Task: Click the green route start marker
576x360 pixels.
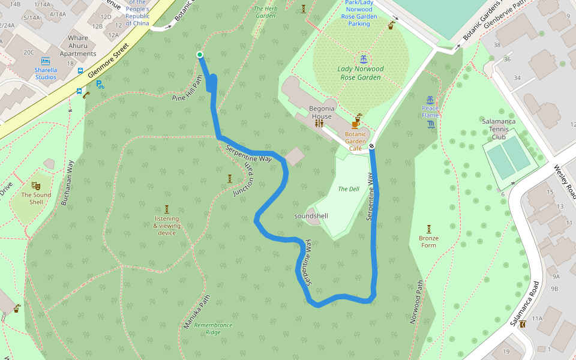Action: tap(200, 55)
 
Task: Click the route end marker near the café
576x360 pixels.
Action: tap(372, 145)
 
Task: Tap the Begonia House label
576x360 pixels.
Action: tap(321, 112)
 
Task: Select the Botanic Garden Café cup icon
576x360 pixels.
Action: tap(356, 123)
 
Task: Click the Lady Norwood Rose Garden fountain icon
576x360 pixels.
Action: tap(363, 59)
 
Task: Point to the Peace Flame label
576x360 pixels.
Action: tap(430, 112)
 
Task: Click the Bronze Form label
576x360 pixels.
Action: tap(428, 242)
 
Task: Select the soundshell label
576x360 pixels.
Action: tap(311, 215)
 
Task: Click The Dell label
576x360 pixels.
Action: tap(349, 189)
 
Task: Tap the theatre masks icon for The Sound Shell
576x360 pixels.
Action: tap(35, 186)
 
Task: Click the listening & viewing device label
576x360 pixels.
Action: tap(167, 226)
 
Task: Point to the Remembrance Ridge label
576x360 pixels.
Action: tap(212, 328)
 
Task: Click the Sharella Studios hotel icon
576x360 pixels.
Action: tap(46, 61)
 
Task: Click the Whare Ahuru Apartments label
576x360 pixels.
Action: tap(78, 46)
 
